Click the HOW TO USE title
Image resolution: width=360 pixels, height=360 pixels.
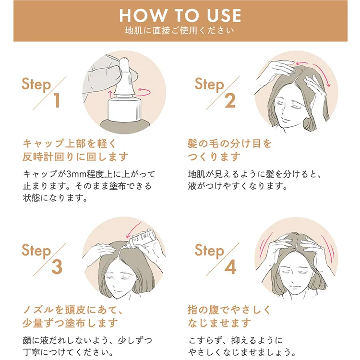[180, 15]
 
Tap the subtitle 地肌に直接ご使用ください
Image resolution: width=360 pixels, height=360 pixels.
[180, 32]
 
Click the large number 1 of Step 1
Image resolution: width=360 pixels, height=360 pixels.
[57, 100]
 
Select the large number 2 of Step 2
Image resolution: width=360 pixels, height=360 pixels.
[230, 100]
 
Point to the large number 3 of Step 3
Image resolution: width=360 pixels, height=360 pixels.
[57, 267]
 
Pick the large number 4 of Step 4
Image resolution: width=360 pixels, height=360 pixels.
[230, 267]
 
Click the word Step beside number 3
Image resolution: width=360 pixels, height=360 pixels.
[36, 251]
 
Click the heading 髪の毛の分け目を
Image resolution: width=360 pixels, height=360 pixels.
[229, 144]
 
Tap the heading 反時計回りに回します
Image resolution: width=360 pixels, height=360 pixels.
[75, 156]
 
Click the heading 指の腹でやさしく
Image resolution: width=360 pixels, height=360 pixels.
[229, 310]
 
